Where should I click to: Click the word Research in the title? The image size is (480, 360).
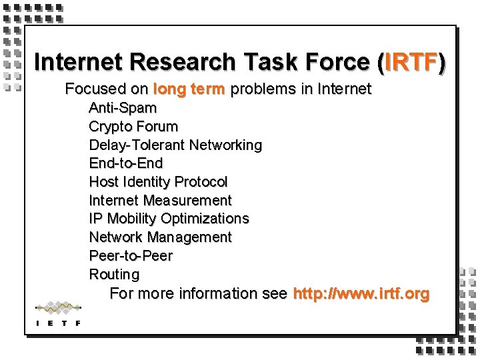coord(183,62)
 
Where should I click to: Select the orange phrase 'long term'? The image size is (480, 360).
coord(189,89)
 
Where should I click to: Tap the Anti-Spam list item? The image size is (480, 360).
coord(123,107)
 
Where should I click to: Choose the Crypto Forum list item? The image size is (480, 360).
coord(133,126)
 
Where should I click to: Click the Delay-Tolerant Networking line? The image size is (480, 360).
coord(175,145)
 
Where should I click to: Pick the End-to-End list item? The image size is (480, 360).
coord(125,163)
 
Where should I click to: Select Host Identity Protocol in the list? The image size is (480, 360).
coord(158,181)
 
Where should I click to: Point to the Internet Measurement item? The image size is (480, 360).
coord(160,200)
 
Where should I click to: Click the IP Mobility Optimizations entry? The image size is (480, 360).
coord(169,219)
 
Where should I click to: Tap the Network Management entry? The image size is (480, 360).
coord(160,237)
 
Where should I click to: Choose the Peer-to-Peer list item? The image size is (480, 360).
coord(131,256)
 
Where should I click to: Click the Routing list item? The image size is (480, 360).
coord(114,274)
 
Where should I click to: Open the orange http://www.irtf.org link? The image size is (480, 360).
coord(361,293)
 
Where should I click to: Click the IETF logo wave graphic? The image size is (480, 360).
coord(58,308)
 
